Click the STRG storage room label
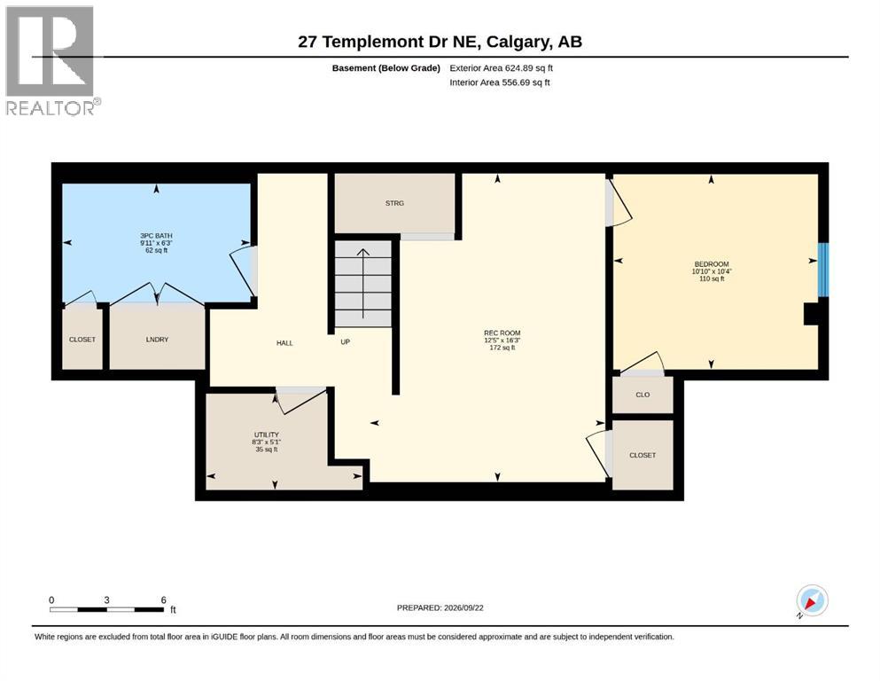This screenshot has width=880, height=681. (394, 203)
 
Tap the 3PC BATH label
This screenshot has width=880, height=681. (156, 236)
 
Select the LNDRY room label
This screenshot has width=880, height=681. (157, 340)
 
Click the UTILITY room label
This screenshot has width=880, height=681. (267, 434)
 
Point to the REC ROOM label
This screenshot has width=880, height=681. (502, 333)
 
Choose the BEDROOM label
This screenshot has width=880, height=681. (712, 264)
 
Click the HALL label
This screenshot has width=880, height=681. (284, 343)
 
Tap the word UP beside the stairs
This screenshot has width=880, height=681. (345, 342)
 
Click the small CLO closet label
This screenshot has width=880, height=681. (642, 395)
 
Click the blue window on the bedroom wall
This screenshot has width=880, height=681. (822, 270)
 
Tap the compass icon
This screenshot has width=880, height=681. (812, 600)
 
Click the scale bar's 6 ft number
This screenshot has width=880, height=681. (164, 600)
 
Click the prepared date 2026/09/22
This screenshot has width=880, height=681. (463, 607)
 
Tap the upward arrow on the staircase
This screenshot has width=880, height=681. (363, 284)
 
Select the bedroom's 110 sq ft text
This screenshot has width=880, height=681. (712, 278)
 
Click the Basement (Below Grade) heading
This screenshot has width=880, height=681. (386, 68)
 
